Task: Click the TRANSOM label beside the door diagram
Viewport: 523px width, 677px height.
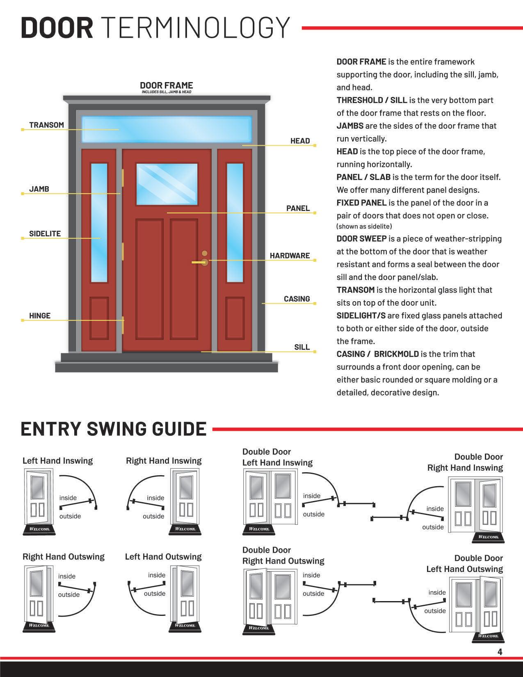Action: (46, 125)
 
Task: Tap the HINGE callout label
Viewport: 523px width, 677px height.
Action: (40, 316)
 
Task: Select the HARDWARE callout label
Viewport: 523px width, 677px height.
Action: (290, 256)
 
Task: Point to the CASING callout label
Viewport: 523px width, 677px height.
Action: (297, 299)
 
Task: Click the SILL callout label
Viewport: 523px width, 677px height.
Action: (301, 347)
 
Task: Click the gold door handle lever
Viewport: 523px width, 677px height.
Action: (199, 262)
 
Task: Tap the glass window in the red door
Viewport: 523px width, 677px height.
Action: (167, 184)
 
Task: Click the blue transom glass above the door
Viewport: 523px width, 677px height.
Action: (167, 129)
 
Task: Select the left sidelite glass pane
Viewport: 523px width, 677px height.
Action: (99, 222)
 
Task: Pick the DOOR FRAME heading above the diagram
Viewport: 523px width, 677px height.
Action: (166, 85)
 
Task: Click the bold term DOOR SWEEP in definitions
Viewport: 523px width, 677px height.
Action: (361, 239)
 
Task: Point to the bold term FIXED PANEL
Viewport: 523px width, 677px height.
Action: (361, 203)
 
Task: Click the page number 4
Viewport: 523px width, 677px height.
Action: (500, 652)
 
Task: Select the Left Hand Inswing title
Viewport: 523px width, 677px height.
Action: (57, 461)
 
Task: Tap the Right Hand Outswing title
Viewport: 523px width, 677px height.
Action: (64, 557)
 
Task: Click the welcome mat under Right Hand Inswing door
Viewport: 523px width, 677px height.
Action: (185, 529)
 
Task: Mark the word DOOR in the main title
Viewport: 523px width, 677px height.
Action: (57, 27)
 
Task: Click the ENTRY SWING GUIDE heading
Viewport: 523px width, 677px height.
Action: (114, 429)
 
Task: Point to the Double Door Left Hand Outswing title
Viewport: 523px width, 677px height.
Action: (464, 563)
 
